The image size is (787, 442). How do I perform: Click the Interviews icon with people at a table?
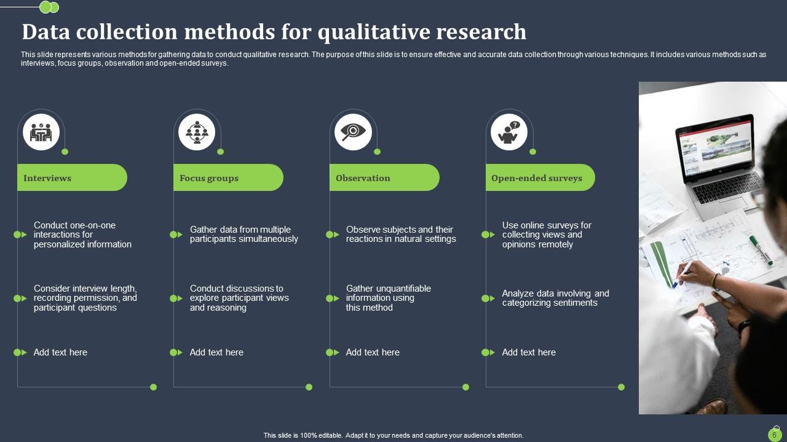41,132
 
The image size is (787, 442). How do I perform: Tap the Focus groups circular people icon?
197,132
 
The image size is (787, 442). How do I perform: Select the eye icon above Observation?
353,132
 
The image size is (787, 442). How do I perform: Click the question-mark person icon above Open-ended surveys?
509,132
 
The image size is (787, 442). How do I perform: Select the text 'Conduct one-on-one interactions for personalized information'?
82,235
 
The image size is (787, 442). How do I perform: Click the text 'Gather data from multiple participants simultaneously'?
243,235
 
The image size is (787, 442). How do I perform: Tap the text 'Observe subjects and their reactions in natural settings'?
401,235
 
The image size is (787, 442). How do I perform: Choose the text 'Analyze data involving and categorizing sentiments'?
555,298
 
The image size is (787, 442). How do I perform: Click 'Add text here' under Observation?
373,352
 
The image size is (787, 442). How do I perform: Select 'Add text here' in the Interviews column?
60,352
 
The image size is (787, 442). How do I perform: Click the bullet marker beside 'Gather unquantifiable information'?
332,298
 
